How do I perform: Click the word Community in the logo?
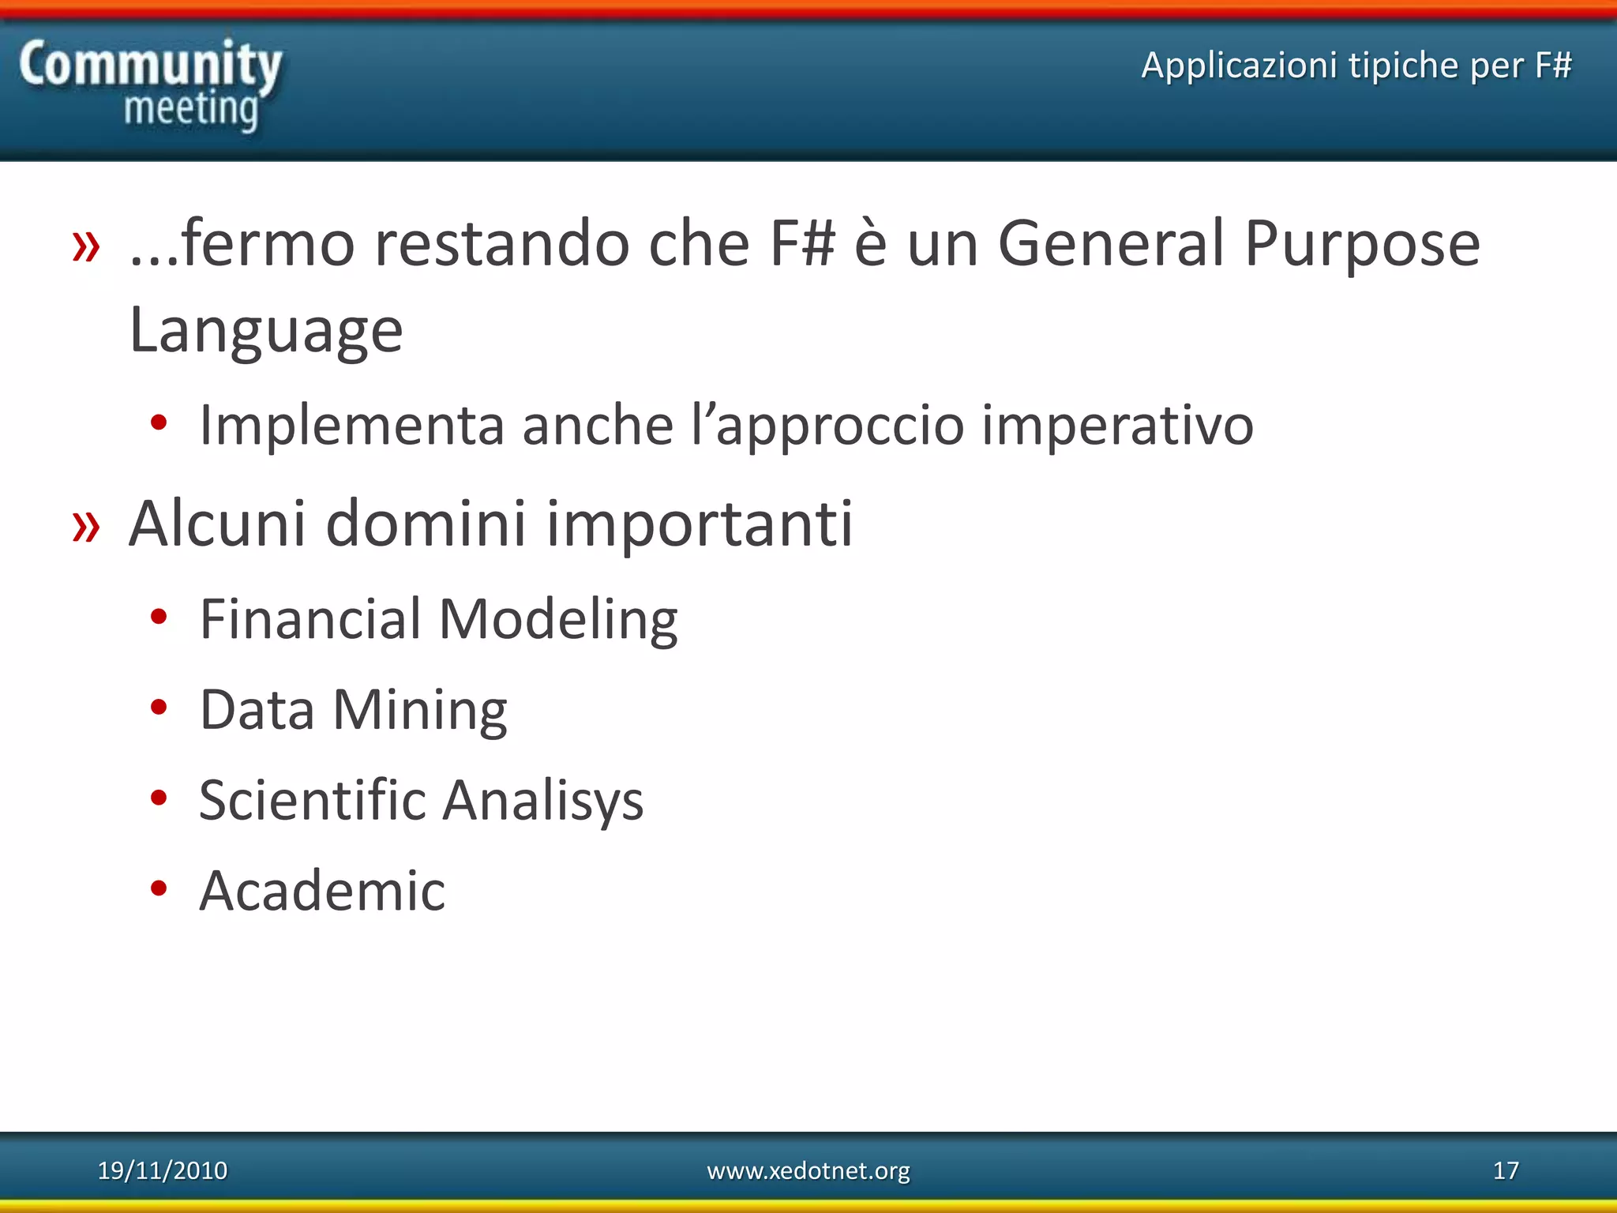pos(150,65)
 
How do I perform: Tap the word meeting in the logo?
pos(191,109)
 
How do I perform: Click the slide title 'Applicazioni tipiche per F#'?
pos(1356,65)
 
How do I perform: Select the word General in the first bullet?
pos(1110,243)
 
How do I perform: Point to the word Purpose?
pos(1362,245)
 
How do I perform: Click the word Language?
pos(266,330)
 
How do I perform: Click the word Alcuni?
pos(217,523)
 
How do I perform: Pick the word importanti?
pos(700,524)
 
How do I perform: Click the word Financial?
pos(310,618)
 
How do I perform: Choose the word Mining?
pos(419,710)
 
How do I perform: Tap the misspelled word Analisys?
pos(542,801)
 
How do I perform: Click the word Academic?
pos(322,891)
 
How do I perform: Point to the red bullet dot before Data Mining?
pos(159,708)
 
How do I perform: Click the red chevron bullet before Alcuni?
pos(86,526)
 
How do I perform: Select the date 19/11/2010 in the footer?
pos(162,1170)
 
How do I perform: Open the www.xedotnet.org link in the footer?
pos(808,1170)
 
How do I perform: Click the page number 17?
pos(1506,1170)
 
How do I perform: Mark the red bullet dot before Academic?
pos(159,888)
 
